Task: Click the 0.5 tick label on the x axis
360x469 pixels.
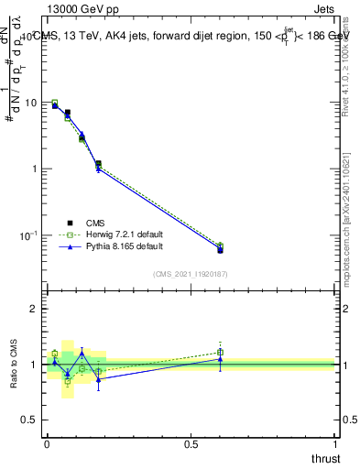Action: [x=191, y=444]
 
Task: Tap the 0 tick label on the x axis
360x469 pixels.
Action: [x=47, y=444]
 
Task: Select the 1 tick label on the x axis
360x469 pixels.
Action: [x=336, y=444]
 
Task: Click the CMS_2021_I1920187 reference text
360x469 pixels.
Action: [x=191, y=274]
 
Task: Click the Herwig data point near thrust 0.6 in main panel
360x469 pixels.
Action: [x=220, y=245]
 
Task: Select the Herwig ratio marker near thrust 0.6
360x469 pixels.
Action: [x=220, y=352]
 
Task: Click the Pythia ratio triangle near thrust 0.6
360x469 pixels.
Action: [x=220, y=359]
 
